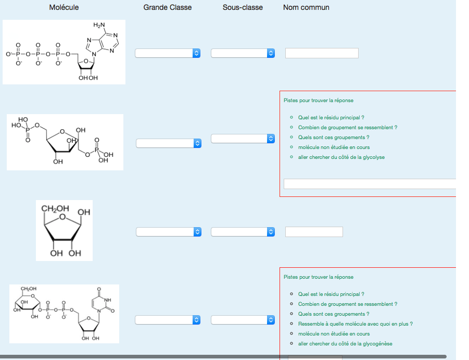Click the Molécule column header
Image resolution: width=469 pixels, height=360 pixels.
coord(64,7)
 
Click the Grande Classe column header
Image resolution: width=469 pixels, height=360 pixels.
coord(167,7)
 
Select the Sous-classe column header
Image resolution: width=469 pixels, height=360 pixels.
coord(243,7)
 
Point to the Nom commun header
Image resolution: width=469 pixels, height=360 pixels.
coord(306,7)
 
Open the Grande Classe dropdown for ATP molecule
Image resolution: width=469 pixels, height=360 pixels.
coord(168,53)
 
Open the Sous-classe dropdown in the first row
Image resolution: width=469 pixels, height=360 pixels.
coord(243,53)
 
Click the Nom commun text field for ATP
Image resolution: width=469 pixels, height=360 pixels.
coord(322,53)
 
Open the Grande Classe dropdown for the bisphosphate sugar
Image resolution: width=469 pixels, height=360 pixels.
coord(169,143)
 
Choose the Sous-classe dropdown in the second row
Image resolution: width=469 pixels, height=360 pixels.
coord(243,139)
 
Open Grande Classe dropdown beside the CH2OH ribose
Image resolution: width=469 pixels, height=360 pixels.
coord(169,232)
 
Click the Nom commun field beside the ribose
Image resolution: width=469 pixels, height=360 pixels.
coord(314,232)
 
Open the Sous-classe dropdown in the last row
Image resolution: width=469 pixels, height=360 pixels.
coord(243,320)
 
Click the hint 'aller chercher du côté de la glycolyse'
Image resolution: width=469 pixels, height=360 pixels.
coord(341,157)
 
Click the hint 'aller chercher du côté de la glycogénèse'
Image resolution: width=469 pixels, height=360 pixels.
coord(345,343)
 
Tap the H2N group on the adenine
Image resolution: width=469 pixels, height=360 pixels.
coord(99,25)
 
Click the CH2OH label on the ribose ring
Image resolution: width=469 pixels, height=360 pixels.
coord(55,208)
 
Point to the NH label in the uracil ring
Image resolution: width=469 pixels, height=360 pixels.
coord(108,300)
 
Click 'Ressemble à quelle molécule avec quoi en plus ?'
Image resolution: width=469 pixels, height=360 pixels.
coord(355,324)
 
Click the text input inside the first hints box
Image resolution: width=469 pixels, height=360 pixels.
coord(370,184)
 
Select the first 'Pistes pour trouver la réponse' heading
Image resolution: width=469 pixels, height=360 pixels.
coord(319,101)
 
